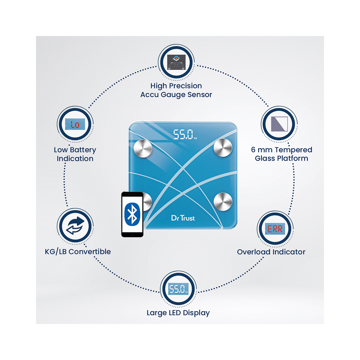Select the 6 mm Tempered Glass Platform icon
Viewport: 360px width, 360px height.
278,124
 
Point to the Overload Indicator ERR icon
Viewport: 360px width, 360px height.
274,229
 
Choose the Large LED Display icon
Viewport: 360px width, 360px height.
178,289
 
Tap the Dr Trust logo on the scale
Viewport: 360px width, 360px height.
183,217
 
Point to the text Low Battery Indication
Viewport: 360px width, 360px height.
75,154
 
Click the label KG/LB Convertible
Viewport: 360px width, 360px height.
78,251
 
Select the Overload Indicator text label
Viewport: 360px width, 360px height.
271,252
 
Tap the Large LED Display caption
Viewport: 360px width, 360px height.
178,312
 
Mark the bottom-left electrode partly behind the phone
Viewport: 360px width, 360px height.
148,202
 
